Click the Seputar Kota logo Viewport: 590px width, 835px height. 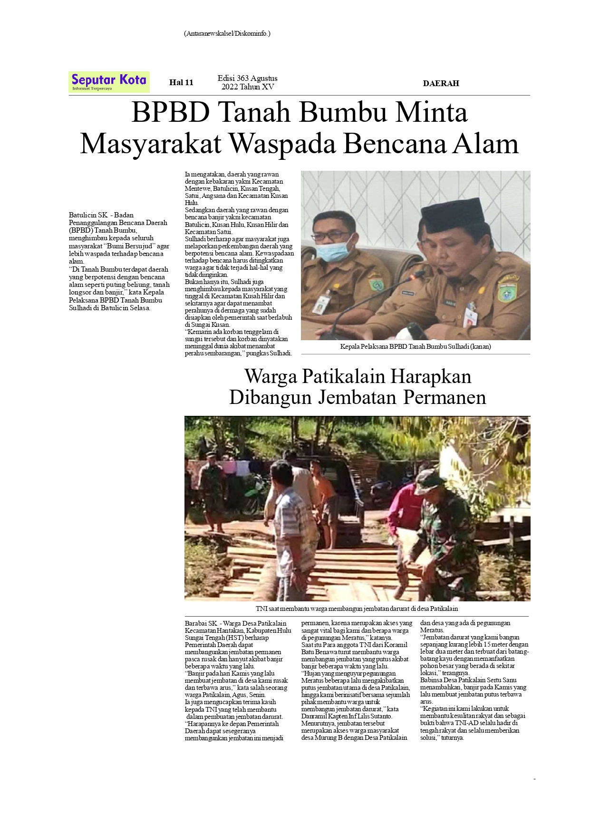click(109, 82)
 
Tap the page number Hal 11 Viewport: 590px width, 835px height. click(181, 83)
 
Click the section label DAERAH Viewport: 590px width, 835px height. click(441, 83)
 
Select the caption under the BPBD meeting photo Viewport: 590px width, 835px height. click(415, 347)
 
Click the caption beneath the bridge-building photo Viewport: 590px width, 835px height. click(357, 609)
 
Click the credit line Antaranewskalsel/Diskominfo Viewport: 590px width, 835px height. click(227, 33)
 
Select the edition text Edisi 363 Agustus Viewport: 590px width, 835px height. click(247, 79)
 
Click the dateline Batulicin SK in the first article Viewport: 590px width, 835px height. click(88, 215)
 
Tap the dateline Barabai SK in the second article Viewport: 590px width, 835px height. click(201, 623)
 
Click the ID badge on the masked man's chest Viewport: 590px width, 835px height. click(322, 303)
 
